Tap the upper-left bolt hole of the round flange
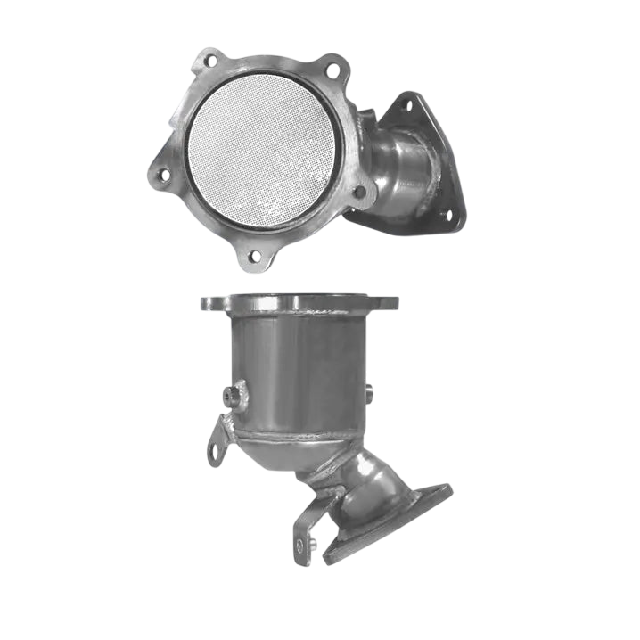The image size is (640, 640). (210, 62)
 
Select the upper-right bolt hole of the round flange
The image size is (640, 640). (332, 69)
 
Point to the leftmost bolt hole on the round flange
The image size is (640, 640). (163, 175)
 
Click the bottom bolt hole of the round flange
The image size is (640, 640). (254, 256)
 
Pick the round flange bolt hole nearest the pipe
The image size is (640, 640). (359, 191)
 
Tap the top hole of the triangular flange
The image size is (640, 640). (406, 105)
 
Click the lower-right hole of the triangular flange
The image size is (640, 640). (446, 214)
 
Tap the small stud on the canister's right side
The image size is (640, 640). (371, 390)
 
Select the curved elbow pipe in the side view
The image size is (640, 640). (374, 486)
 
